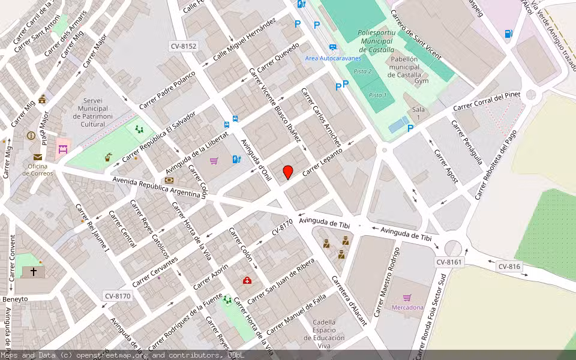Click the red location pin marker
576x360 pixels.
288,172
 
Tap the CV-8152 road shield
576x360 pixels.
183,46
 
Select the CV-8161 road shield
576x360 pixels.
449,262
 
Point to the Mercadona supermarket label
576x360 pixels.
407,307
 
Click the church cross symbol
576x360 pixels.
33,272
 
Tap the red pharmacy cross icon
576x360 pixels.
247,280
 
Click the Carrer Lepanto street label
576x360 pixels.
322,162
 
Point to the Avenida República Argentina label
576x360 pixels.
157,187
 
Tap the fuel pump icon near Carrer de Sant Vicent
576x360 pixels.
509,34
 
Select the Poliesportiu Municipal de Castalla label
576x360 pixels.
376,41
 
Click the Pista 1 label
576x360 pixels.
377,95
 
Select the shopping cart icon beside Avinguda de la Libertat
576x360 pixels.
214,161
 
